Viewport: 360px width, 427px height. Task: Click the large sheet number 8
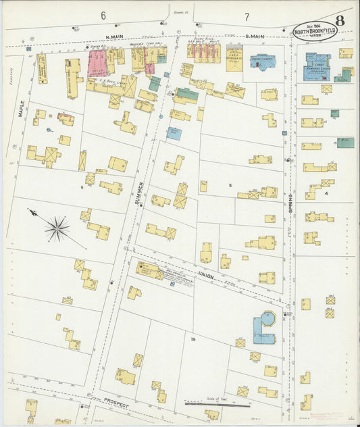(x=340, y=20)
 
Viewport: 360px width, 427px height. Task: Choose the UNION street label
(x=205, y=274)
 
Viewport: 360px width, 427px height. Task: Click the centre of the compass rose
(x=57, y=228)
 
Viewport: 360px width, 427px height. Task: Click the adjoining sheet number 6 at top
(x=103, y=16)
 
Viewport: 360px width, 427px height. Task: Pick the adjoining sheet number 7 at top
(x=247, y=16)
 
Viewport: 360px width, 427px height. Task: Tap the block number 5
(x=230, y=184)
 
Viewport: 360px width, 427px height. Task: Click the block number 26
(x=192, y=338)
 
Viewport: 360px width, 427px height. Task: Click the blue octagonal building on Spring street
(x=264, y=328)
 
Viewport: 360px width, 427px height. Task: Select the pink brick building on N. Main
(x=99, y=63)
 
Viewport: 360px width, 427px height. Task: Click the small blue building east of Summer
(x=174, y=133)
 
